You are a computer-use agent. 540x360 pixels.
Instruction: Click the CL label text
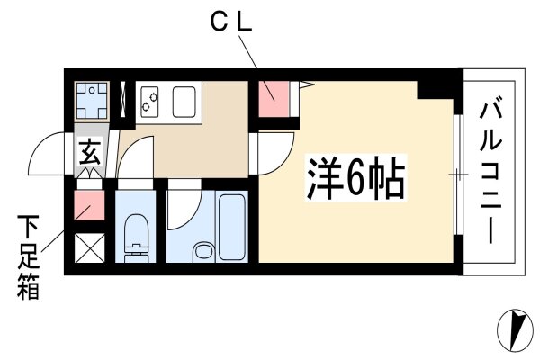pyautogui.click(x=231, y=22)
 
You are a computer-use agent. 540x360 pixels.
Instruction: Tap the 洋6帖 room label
pyautogui.click(x=356, y=178)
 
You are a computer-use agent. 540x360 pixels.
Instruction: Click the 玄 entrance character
pyautogui.click(x=90, y=152)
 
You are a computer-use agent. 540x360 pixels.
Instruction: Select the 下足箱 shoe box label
pyautogui.click(x=28, y=257)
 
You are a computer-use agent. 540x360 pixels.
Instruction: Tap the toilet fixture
pyautogui.click(x=135, y=238)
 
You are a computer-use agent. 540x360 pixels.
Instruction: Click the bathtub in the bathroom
pyautogui.click(x=232, y=226)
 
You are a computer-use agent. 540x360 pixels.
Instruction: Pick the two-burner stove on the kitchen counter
pyautogui.click(x=149, y=102)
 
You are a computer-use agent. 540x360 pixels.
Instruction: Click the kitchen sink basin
pyautogui.click(x=184, y=102)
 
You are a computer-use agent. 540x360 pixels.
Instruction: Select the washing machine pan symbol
pyautogui.click(x=92, y=101)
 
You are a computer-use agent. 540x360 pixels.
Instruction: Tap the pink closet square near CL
pyautogui.click(x=274, y=99)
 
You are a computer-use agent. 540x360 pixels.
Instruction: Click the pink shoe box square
pyautogui.click(x=89, y=205)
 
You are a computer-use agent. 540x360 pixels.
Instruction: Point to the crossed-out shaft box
pyautogui.click(x=89, y=248)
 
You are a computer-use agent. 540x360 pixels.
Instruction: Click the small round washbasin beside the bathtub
pyautogui.click(x=204, y=251)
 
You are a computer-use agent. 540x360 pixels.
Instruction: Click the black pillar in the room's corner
pyautogui.click(x=435, y=90)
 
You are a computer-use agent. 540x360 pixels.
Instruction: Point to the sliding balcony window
pyautogui.click(x=458, y=174)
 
